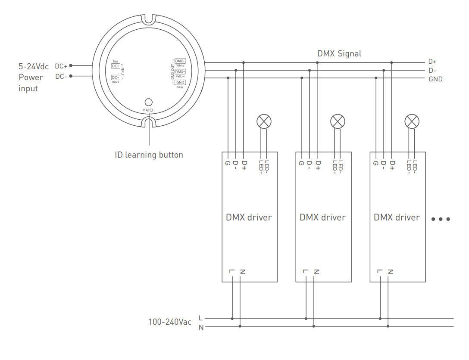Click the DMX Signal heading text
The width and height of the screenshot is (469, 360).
[339, 54]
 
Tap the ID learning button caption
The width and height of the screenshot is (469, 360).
[149, 155]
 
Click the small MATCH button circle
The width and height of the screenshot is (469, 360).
[148, 102]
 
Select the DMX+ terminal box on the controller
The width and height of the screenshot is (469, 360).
[180, 61]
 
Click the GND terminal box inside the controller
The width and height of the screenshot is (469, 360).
[180, 82]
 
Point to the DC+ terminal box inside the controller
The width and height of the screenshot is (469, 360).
[116, 66]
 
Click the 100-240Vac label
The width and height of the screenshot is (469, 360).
[170, 322]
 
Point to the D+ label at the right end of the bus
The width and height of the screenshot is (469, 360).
[432, 62]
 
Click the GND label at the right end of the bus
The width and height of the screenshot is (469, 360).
[435, 79]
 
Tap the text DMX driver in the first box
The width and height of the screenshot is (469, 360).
[249, 217]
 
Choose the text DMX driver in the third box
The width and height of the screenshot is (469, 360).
[397, 217]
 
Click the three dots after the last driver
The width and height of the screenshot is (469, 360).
[441, 219]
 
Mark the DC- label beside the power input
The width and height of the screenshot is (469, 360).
[61, 77]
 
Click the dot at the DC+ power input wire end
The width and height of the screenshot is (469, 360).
[71, 66]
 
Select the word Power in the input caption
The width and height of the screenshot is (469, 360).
[31, 78]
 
